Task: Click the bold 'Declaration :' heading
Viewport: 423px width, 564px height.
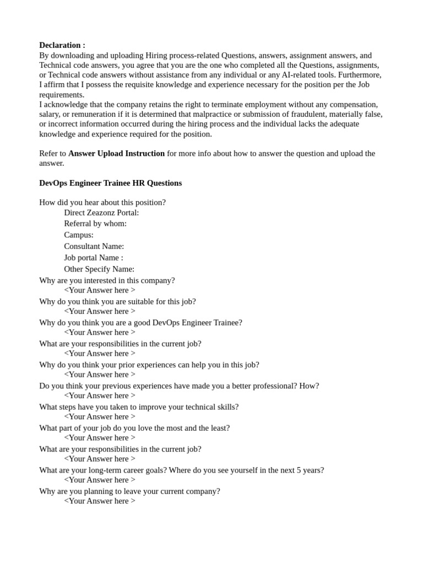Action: tap(62, 45)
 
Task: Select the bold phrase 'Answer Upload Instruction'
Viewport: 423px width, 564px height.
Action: tap(116, 153)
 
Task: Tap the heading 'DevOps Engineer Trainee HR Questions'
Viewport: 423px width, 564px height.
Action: tap(110, 183)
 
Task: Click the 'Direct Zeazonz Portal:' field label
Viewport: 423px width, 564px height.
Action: tap(101, 213)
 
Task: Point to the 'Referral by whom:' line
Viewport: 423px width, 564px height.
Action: tap(95, 224)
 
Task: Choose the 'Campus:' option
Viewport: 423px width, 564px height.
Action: tap(79, 235)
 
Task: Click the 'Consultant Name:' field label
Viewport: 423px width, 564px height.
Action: tap(94, 246)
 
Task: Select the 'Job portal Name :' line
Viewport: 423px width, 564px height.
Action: tap(93, 258)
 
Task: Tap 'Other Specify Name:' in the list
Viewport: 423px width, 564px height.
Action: tap(99, 269)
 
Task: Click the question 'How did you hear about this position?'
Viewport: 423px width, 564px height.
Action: tap(102, 202)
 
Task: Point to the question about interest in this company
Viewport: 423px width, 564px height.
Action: tap(107, 280)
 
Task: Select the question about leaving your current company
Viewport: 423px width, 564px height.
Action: tap(129, 491)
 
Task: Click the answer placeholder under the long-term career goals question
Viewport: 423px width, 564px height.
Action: tap(100, 480)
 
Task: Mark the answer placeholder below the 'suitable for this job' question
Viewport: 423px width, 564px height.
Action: tap(100, 311)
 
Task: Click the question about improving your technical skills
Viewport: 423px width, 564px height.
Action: tap(139, 407)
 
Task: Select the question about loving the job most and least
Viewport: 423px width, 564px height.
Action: tap(134, 428)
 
